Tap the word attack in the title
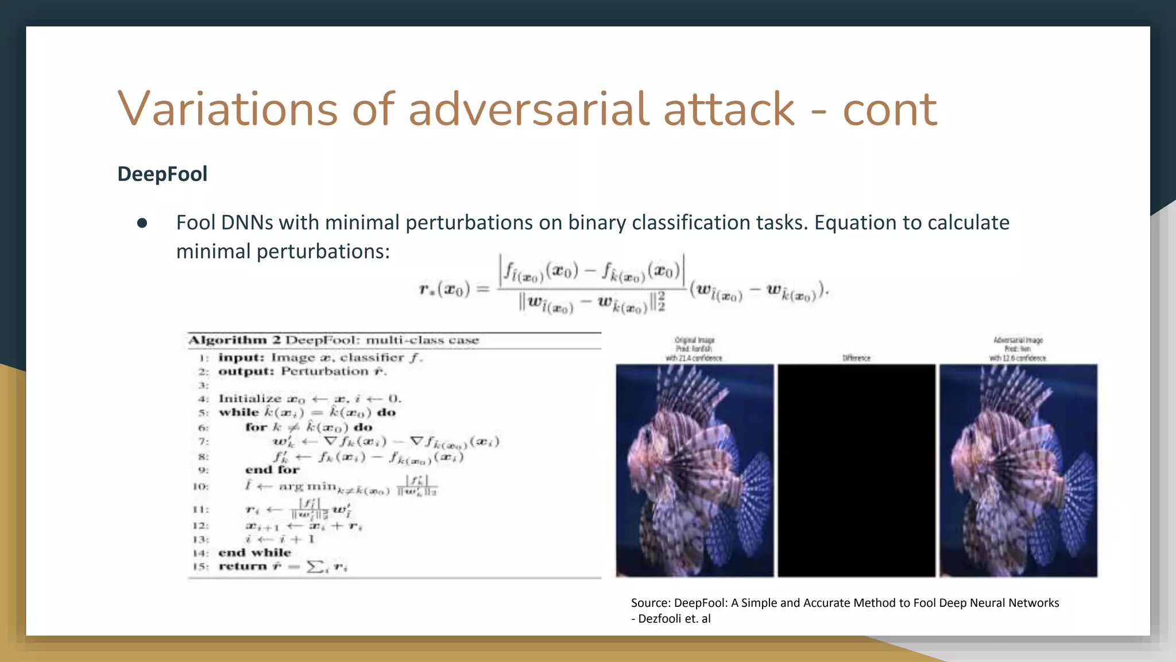coord(729,109)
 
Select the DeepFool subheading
coord(163,174)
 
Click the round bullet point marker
coord(142,223)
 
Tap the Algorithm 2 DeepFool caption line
coord(334,340)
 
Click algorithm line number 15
coord(201,567)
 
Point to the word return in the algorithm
coord(242,567)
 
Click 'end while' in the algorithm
coord(254,553)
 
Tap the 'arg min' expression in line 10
coord(307,486)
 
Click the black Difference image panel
coord(856,470)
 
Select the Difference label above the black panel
coord(856,358)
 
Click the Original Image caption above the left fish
coord(694,340)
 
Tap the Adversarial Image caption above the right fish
coord(1018,340)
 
